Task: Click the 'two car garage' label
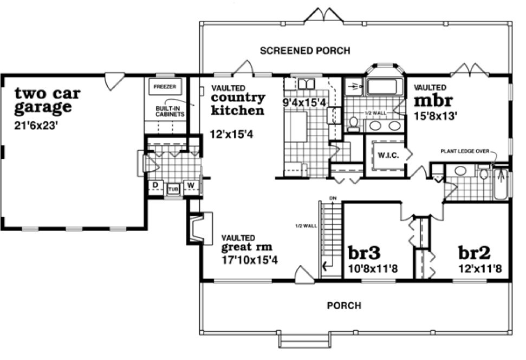coord(47,100)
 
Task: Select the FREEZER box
coord(165,87)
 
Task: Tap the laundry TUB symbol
coord(173,189)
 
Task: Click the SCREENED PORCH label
coord(305,51)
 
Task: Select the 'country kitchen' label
coord(238,104)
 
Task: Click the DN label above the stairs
coord(332,197)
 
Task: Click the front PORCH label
coord(344,306)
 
